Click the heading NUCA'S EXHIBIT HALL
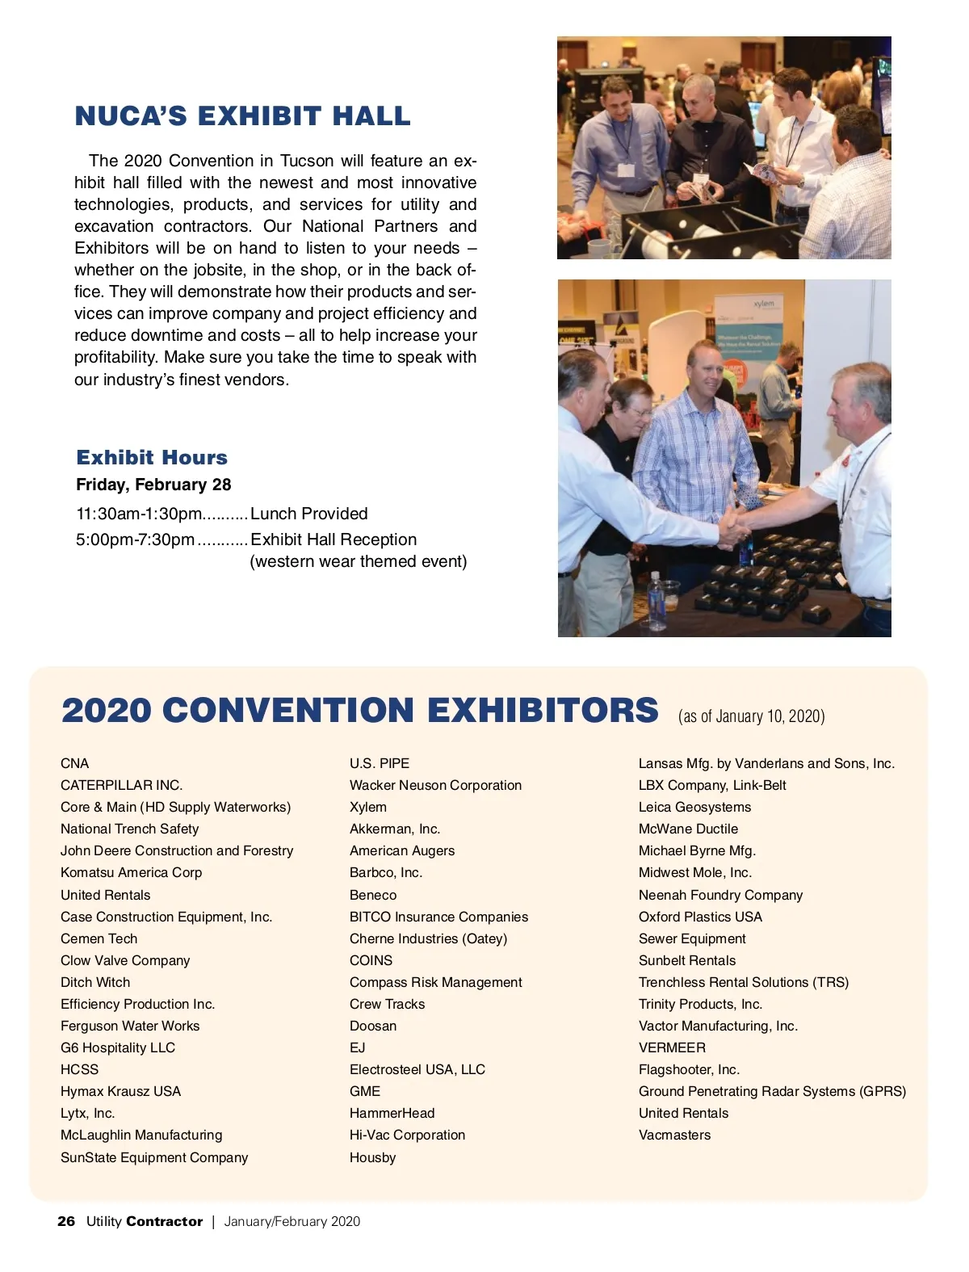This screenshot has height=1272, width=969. (242, 116)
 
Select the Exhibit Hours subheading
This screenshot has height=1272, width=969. (152, 458)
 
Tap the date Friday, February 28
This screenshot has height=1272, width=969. (153, 485)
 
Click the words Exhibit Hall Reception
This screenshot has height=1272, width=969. (333, 539)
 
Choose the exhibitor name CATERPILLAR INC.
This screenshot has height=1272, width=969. (121, 785)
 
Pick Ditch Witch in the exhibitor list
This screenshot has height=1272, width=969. (95, 982)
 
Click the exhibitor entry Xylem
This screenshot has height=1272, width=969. (368, 807)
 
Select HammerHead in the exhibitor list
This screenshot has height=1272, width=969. (392, 1113)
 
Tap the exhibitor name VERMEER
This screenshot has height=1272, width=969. (672, 1047)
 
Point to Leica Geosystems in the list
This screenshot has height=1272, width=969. (694, 807)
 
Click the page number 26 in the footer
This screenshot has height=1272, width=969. (66, 1221)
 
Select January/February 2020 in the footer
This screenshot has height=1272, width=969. (292, 1221)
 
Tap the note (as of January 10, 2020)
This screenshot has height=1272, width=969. (751, 716)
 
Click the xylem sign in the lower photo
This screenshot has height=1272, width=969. (763, 304)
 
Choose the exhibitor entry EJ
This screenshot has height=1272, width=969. (358, 1047)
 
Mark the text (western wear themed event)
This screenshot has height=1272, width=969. (359, 561)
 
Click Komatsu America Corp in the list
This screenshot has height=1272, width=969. (131, 872)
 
